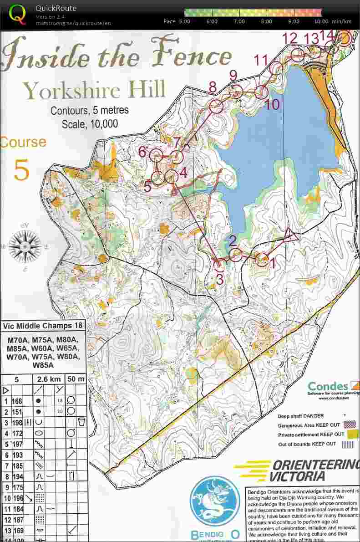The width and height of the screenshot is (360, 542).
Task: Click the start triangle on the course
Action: pos(290,236)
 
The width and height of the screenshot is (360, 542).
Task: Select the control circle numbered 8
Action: pos(216,106)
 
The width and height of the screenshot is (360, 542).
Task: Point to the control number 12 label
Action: pos(289,38)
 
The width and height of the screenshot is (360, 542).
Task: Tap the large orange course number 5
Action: pos(21,169)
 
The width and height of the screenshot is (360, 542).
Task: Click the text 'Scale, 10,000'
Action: pos(90,123)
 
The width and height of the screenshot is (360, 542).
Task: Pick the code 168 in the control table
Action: pos(17,401)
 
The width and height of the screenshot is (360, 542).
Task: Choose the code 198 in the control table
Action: pos(17,422)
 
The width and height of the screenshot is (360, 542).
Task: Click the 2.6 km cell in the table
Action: pos(49,379)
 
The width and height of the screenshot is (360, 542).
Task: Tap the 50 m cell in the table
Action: pos(76,379)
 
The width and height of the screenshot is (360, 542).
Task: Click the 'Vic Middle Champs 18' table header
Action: pos(43,326)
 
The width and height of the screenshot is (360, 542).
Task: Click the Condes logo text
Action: pos(328,387)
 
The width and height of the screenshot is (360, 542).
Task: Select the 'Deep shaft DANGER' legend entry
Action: pos(301,416)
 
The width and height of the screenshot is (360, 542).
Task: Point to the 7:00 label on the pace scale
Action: pos(239,21)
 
